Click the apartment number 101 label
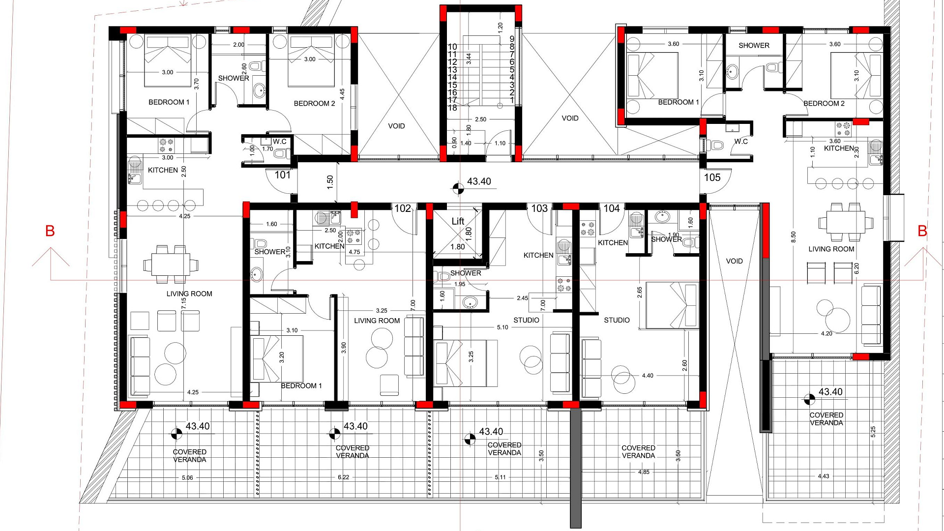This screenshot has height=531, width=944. click(283, 175)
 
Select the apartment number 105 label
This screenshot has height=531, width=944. click(712, 177)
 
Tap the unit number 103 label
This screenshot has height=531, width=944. click(539, 208)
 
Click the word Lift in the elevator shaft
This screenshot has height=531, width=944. click(458, 221)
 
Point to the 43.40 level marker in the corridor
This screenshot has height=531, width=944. click(479, 181)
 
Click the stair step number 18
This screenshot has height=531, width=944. click(452, 108)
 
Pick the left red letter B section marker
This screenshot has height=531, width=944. click(50, 231)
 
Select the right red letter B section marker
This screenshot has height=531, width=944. click(922, 231)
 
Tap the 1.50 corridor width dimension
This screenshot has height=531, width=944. click(330, 182)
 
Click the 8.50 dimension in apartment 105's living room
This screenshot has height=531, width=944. click(793, 237)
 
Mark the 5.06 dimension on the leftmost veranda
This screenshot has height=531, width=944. click(187, 477)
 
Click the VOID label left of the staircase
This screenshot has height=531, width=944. click(396, 126)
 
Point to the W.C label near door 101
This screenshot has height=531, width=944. click(280, 142)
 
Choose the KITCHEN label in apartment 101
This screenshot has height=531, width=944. click(163, 170)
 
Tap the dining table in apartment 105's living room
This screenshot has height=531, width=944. click(846, 222)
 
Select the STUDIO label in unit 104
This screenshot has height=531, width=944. click(617, 320)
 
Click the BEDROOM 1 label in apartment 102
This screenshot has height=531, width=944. click(301, 386)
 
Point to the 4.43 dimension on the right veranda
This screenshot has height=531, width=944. click(824, 476)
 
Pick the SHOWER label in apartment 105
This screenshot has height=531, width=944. click(754, 45)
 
